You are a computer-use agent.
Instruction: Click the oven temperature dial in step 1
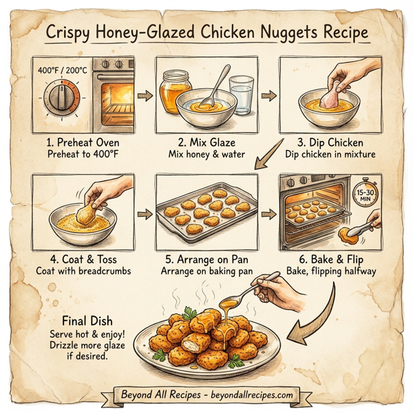59,100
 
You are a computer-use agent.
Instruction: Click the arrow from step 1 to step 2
143,96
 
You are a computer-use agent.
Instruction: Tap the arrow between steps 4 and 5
143,215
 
